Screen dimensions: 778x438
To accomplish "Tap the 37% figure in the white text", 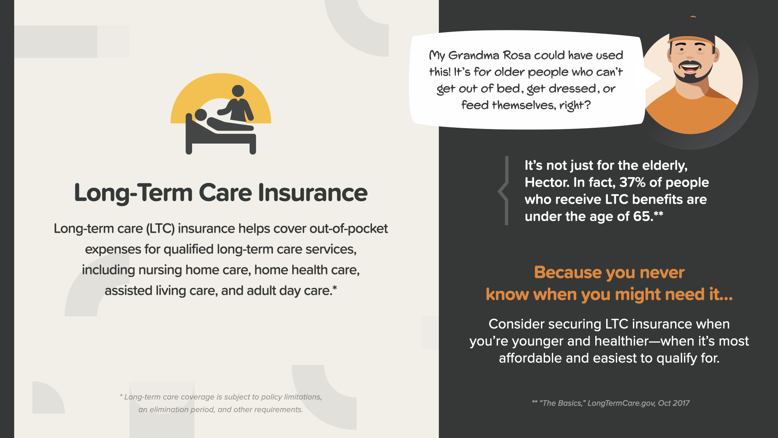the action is click(632, 182).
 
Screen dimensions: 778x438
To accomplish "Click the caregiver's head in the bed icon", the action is click(238, 91).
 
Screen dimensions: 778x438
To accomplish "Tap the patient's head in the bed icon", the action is click(201, 115).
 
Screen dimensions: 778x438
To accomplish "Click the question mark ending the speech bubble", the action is click(588, 105).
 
